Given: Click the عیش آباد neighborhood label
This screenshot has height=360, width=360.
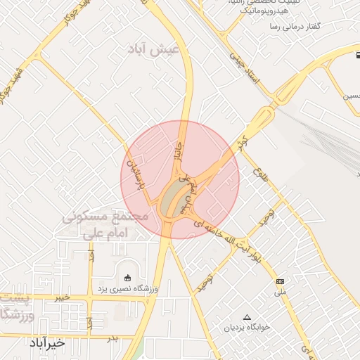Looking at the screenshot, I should pos(153,50).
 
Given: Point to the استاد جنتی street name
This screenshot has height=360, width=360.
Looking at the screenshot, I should pos(247,71).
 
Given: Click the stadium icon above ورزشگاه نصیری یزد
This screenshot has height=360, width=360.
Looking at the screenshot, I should pos(127,278).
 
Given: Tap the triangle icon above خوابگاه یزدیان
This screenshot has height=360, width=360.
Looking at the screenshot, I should pos(246,317).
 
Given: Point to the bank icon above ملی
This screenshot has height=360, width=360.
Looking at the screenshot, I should pos(280,281).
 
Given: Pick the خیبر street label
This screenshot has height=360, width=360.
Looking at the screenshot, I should pos(62,297).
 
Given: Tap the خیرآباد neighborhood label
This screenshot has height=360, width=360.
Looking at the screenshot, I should pos(46,342).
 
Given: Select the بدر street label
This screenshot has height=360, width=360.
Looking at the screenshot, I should pos(112,339).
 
